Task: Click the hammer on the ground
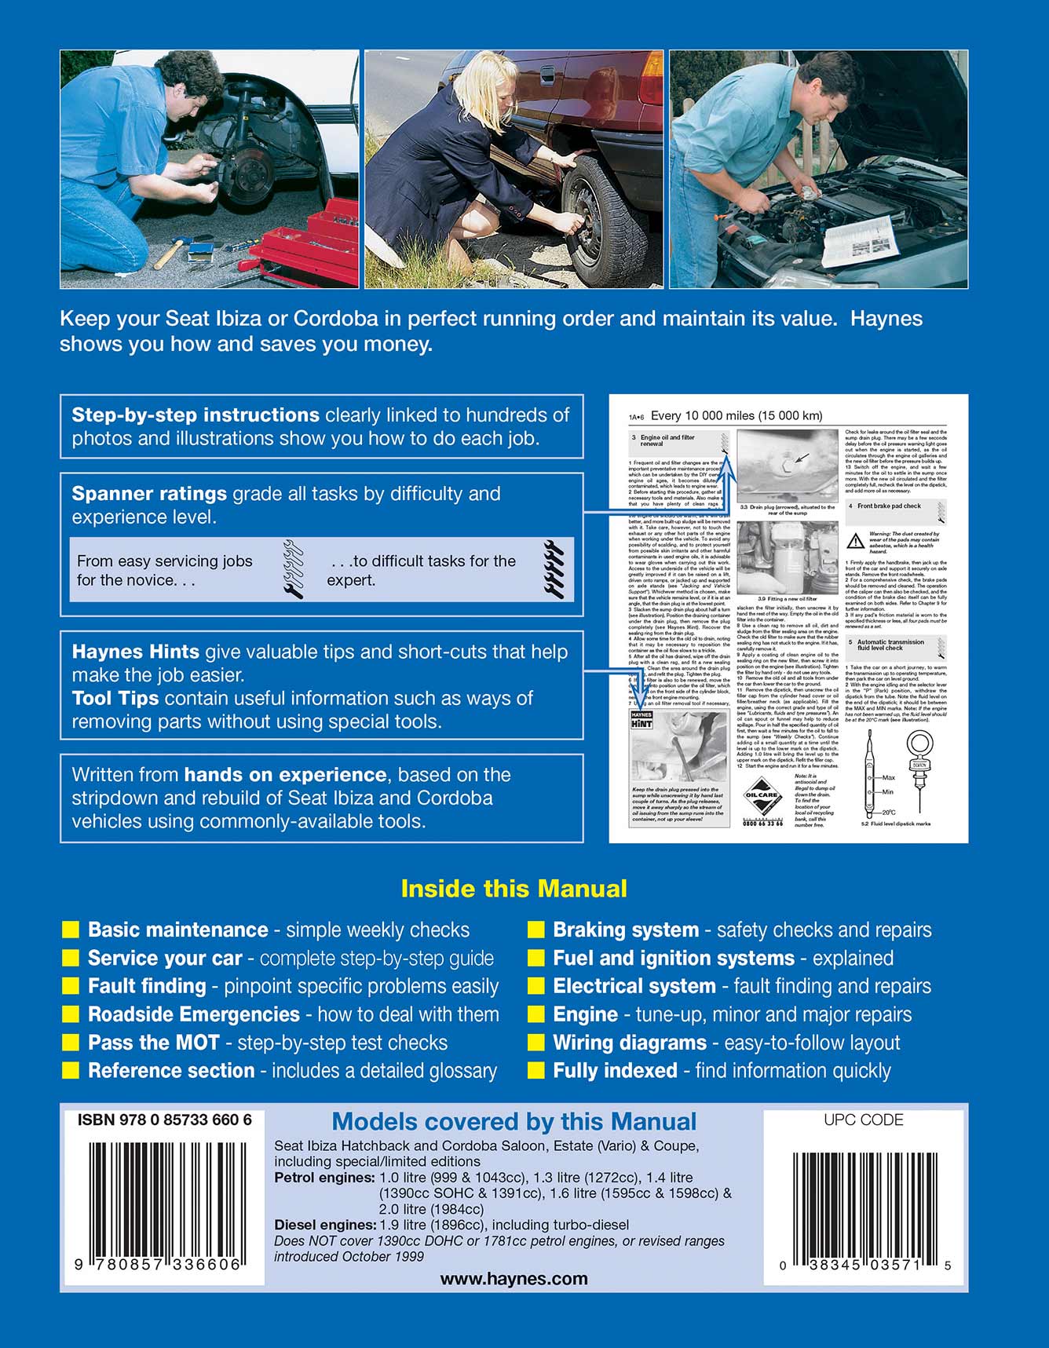169,253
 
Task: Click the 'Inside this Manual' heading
514,889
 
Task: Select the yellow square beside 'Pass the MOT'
71,1043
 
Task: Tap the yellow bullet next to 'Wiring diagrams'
536,1043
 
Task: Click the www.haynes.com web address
514,1278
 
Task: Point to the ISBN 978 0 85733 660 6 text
164,1120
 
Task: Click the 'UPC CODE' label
863,1120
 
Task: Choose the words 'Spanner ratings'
149,494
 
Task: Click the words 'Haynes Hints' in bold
135,652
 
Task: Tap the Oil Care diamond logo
761,795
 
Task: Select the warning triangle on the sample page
855,541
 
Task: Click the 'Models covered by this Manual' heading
514,1122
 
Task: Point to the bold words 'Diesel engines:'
325,1225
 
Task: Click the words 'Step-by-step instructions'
196,415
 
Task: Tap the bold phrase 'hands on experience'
285,775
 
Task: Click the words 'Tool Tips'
115,699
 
